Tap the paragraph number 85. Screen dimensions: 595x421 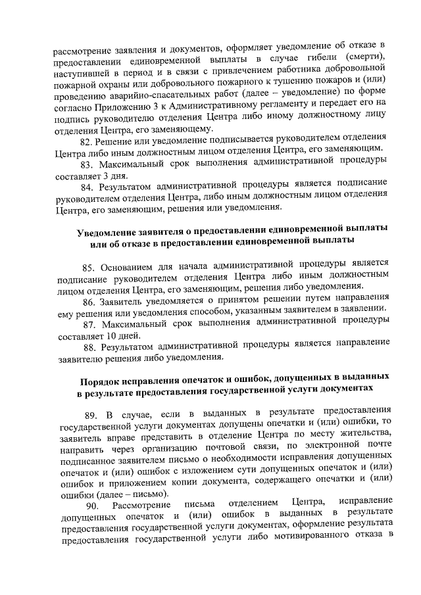pos(90,266)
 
